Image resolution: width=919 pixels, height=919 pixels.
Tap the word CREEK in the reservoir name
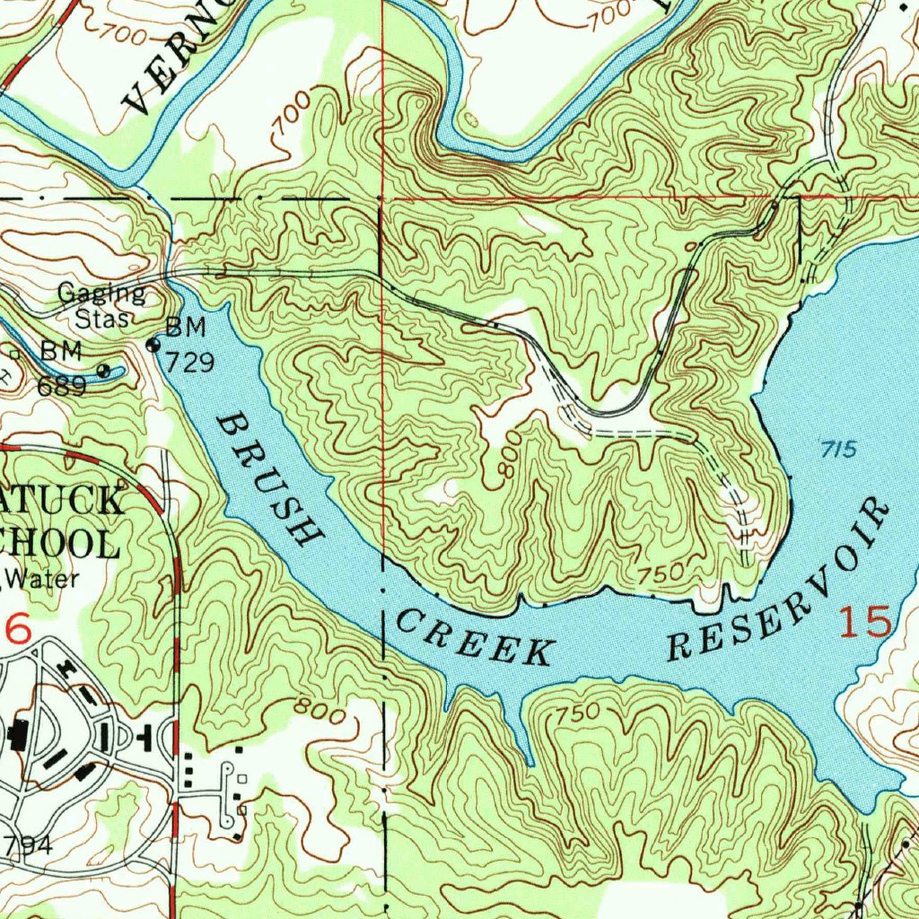(x=473, y=638)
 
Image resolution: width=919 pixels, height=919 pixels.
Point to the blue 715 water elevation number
(x=839, y=450)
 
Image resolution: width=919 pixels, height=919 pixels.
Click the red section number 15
(x=865, y=622)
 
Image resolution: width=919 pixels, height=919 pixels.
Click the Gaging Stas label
(x=101, y=305)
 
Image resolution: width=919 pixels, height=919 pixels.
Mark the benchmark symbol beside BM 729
(x=153, y=345)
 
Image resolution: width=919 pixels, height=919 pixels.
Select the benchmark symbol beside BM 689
(x=105, y=369)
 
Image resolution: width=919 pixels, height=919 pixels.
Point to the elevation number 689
(x=62, y=386)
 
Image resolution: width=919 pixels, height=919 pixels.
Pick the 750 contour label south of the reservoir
(x=576, y=714)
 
